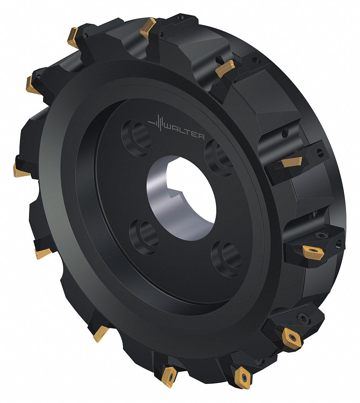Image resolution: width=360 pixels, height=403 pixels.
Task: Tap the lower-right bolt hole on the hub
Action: click(x=226, y=258)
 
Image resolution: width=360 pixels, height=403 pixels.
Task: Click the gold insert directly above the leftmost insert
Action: click(x=33, y=85)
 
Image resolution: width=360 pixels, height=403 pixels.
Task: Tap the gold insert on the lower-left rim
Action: click(x=100, y=334)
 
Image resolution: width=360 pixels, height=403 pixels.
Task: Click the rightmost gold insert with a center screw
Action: click(x=313, y=251)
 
